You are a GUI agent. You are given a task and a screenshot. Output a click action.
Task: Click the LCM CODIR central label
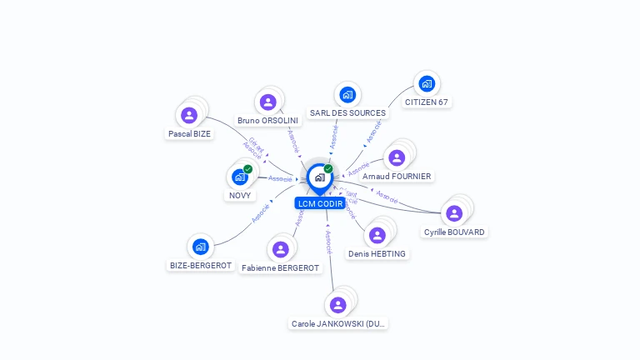click(x=320, y=203)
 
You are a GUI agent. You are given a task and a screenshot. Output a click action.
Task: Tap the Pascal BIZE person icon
click(x=189, y=115)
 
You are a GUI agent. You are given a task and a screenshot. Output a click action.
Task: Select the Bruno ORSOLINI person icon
click(x=267, y=102)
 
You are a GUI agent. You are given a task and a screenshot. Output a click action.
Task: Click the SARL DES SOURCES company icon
click(x=347, y=95)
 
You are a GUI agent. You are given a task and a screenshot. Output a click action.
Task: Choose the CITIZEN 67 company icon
click(x=427, y=84)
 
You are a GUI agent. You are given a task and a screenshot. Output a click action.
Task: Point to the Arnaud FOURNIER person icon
click(x=397, y=157)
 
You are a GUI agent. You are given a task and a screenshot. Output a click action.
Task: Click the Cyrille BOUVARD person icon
click(x=454, y=213)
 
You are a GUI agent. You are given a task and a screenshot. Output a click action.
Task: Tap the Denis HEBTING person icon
click(x=377, y=235)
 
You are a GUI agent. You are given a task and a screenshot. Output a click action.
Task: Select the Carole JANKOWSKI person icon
click(x=337, y=304)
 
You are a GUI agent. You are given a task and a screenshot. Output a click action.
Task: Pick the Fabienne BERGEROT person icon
click(x=280, y=249)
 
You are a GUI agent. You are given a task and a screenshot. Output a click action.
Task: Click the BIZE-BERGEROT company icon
click(x=200, y=247)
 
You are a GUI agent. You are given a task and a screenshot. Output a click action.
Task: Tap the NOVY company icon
click(x=240, y=177)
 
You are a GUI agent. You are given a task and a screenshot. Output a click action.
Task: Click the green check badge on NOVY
click(x=247, y=169)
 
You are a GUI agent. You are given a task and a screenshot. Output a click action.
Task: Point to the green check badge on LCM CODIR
click(x=328, y=169)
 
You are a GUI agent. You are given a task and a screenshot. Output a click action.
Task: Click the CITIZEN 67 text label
click(x=427, y=102)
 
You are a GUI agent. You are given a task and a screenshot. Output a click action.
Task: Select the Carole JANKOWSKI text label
click(x=339, y=323)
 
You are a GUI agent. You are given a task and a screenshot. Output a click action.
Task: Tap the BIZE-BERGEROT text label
click(x=201, y=266)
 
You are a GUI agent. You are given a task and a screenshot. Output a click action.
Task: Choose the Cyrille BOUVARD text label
click(x=454, y=232)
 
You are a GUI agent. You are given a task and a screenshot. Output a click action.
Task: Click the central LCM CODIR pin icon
click(x=319, y=177)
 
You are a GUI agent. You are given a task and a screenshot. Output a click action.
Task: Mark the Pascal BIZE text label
click(x=189, y=133)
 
